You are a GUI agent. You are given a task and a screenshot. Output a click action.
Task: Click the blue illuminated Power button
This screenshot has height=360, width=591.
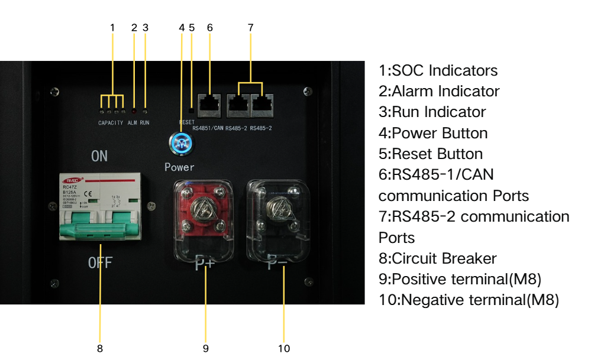click(x=179, y=144)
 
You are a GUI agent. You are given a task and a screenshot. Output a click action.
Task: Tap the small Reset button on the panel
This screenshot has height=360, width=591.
click(x=190, y=110)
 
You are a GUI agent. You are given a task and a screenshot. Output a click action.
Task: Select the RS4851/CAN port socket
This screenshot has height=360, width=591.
click(x=209, y=103)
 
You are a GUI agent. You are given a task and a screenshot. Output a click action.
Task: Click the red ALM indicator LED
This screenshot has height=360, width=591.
click(x=134, y=111)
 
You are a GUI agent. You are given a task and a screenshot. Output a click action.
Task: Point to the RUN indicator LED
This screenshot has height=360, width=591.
click(x=145, y=111)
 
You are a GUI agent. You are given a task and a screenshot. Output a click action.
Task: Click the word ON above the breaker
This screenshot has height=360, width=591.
click(x=99, y=157)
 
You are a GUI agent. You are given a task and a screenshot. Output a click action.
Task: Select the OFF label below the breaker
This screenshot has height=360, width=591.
click(x=100, y=262)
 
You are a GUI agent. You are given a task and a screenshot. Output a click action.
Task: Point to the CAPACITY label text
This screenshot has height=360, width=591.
click(x=111, y=123)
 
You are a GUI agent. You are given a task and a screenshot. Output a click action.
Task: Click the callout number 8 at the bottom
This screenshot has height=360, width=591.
click(x=99, y=348)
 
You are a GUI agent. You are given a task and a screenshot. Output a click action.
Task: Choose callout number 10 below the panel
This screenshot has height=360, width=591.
click(x=284, y=348)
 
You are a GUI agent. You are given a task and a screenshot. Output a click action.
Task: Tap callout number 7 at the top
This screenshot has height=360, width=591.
click(x=250, y=27)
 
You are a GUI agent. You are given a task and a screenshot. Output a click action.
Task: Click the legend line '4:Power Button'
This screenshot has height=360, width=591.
click(x=433, y=133)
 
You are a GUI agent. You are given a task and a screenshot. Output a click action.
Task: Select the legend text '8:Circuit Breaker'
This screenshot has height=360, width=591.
click(x=437, y=258)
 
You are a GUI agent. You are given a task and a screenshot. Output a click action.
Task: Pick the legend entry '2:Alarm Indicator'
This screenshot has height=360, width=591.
click(x=439, y=91)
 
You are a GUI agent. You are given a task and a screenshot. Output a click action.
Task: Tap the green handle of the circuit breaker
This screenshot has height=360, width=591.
click(x=100, y=229)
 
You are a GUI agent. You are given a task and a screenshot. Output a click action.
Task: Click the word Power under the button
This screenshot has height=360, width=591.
click(x=179, y=167)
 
